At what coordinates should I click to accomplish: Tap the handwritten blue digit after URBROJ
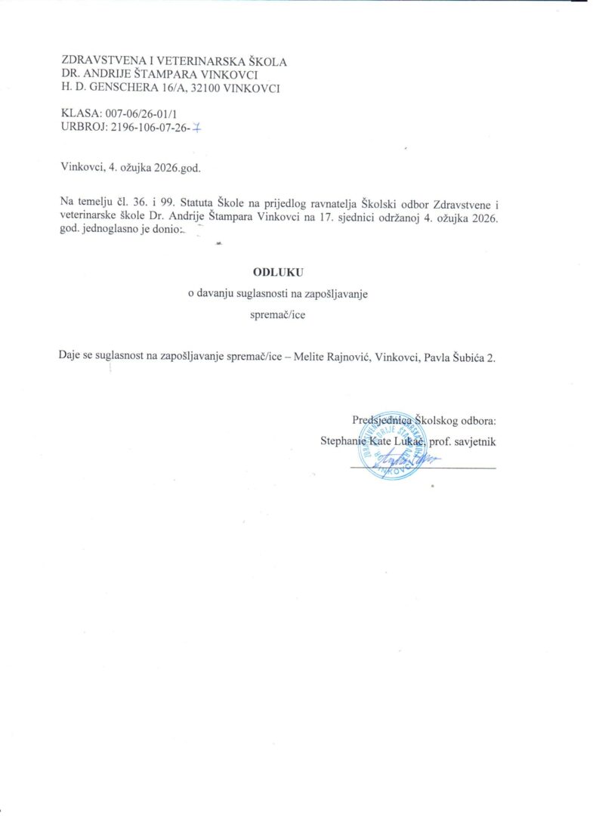(197, 128)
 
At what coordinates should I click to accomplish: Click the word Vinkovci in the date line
(82, 168)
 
